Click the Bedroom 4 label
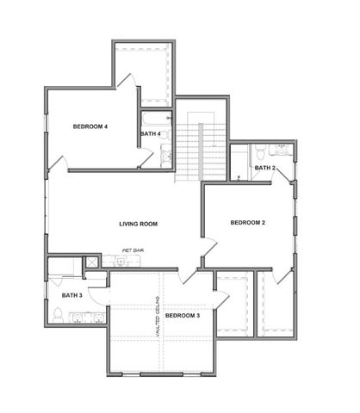click(90, 127)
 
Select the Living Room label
click(138, 224)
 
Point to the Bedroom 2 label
click(247, 223)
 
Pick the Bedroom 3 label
click(183, 316)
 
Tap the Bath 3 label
click(71, 296)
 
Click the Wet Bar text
click(132, 251)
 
